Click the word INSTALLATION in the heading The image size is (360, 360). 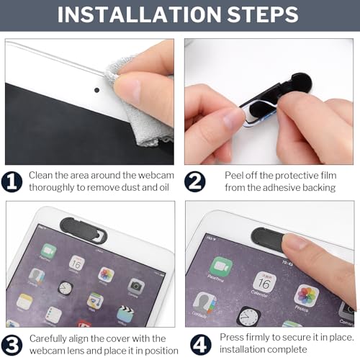[139, 14]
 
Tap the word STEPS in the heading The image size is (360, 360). [263, 14]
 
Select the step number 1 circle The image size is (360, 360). [12, 181]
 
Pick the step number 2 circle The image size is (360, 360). [195, 181]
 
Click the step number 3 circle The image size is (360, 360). [12, 345]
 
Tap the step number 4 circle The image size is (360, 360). [201, 344]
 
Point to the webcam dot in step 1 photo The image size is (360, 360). [97, 90]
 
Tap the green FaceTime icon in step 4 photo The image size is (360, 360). [221, 266]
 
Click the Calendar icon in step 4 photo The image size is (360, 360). [264, 282]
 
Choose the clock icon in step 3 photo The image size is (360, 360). [66, 288]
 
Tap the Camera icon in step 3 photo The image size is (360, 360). [136, 287]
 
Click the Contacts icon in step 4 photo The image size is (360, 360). [205, 302]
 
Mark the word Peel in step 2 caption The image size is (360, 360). [234, 176]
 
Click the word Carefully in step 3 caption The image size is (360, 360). [48, 339]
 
